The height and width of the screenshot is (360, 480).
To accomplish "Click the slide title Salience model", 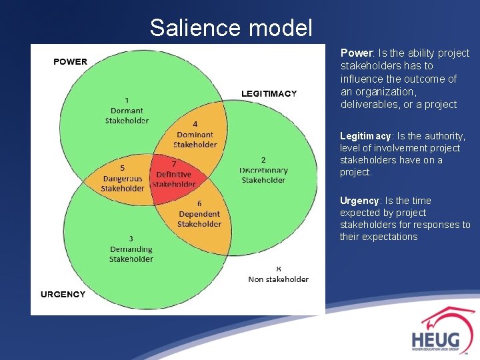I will coord(231,28).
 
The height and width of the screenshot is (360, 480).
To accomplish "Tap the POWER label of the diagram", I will coord(70,61).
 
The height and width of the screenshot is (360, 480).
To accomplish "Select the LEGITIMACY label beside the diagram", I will coord(269,93).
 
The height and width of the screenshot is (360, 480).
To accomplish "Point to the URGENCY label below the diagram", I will coord(63,294).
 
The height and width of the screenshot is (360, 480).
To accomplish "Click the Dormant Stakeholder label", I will coord(127,115).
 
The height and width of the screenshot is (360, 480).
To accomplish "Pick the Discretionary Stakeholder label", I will coord(263,175).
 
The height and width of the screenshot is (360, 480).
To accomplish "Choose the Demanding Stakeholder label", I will coord(131,253).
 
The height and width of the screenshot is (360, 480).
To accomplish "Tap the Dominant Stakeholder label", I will coord(195,139).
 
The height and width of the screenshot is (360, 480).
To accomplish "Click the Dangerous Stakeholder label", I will coord(122,183).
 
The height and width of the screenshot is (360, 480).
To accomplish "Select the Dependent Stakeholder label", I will coord(199,219).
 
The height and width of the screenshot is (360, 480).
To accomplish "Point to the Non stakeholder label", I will coord(278,279).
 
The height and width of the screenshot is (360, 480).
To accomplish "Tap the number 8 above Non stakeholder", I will coord(278,269).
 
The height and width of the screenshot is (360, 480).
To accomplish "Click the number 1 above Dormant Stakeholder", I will coord(127,101).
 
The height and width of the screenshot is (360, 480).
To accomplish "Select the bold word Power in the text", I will coord(355,53).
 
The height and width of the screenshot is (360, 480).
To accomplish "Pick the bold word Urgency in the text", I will coord(359,201).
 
